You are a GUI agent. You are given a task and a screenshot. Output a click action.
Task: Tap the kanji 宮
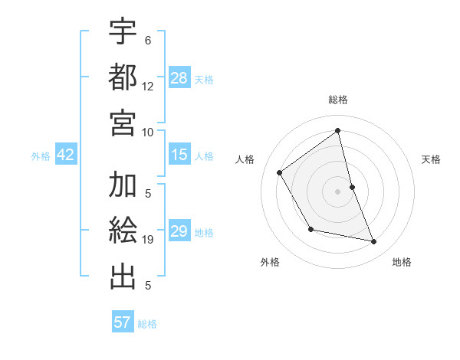[x=123, y=122]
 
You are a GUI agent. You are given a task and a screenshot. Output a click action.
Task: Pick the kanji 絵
[x=123, y=231]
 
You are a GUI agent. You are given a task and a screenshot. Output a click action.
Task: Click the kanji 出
[x=123, y=276]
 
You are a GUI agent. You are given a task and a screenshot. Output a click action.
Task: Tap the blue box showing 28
[x=179, y=77]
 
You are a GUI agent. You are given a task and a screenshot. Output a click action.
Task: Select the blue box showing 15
[x=179, y=155]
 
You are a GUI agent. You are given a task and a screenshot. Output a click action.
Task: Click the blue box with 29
[x=179, y=232]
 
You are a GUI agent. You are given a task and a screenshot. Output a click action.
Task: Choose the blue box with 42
[x=65, y=155]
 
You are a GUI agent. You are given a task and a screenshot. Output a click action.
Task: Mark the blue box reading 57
[x=123, y=322]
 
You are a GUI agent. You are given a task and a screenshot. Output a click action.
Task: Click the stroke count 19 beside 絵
[x=148, y=240]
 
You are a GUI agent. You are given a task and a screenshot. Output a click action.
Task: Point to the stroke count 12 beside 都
[x=148, y=86]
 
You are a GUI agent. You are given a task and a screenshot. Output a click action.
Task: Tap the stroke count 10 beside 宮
[x=148, y=131]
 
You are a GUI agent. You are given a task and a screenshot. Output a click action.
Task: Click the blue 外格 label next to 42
[x=41, y=156]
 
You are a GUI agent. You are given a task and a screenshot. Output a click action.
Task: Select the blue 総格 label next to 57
[x=147, y=323]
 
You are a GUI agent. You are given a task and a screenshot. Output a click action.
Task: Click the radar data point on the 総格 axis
[x=337, y=131]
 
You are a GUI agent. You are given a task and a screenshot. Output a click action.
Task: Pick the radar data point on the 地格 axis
[x=374, y=241]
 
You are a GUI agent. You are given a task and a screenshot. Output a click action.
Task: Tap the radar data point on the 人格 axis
[x=280, y=172]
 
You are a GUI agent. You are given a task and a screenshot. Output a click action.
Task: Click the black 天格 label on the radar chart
[x=432, y=159]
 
